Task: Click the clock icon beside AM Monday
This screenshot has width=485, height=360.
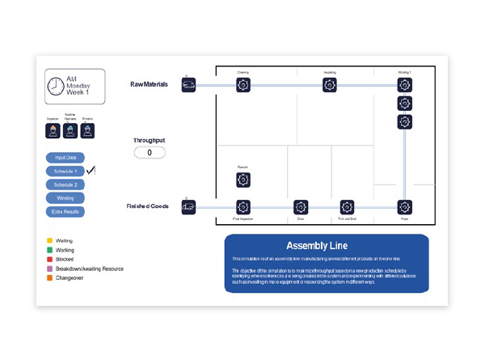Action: [x=57, y=87]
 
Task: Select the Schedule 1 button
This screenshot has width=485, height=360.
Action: [x=65, y=172]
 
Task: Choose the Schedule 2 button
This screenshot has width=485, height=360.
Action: [x=65, y=184]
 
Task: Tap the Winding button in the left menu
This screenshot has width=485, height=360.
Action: [x=65, y=198]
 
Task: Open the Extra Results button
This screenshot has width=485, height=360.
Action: [x=65, y=212]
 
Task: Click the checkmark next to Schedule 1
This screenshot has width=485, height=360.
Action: [x=91, y=170]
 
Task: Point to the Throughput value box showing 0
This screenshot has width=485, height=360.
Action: [x=150, y=152]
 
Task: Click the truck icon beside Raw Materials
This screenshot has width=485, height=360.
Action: [x=188, y=84]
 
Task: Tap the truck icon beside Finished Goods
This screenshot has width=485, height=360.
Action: [x=188, y=207]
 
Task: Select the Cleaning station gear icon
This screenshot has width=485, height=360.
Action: [x=243, y=84]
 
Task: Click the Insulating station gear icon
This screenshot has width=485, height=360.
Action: [x=329, y=84]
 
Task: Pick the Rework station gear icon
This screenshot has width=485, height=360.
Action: [x=243, y=180]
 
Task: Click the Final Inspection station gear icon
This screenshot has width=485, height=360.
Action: [x=243, y=207]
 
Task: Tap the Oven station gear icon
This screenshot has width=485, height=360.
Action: [x=301, y=207]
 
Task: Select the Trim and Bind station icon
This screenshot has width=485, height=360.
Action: [x=347, y=207]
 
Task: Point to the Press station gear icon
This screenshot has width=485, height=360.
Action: [x=404, y=207]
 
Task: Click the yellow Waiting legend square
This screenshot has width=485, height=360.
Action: [x=49, y=240]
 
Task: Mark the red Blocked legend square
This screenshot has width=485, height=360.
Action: [x=49, y=260]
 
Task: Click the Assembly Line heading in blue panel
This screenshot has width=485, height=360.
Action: [x=317, y=245]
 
